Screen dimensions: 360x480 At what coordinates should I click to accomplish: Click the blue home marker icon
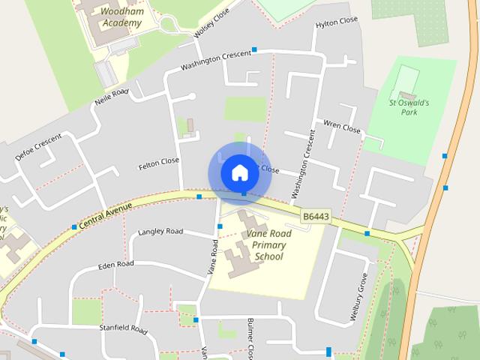(239, 172)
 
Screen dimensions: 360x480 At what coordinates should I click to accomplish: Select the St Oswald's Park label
(409, 107)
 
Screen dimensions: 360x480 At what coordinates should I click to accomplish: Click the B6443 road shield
(315, 217)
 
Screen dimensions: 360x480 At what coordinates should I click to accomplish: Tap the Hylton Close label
(337, 23)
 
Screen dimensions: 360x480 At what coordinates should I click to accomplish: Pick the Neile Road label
(112, 97)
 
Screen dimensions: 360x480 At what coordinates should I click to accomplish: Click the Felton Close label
(159, 161)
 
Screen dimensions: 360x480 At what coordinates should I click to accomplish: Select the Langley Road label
(160, 232)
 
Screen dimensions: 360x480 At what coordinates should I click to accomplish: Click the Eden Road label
(115, 265)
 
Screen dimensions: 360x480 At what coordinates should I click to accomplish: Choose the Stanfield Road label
(123, 328)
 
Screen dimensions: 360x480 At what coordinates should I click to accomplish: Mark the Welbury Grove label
(358, 298)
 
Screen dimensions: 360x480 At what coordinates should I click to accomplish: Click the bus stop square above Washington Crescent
(255, 49)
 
